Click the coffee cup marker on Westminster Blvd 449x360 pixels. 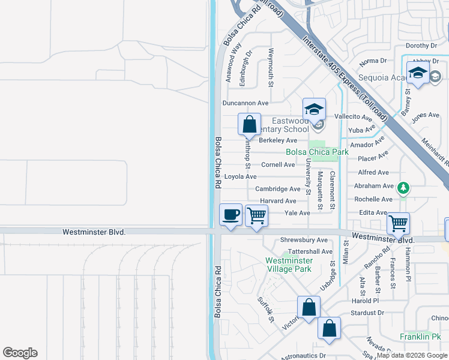pos(231,215)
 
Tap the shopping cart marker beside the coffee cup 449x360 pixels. pos(257,215)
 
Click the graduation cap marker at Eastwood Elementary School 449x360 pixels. pos(313,109)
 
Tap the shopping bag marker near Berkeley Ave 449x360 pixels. pos(250,124)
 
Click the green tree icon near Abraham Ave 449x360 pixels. pos(405,188)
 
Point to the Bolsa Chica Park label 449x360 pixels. pos(317,152)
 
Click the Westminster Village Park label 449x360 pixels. pos(289,265)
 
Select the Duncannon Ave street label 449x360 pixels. pos(246,103)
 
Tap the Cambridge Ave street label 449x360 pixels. pos(277,189)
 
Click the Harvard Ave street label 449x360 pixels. pos(278,201)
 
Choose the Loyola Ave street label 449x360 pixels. pos(240,177)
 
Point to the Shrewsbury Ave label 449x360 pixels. pos(304,240)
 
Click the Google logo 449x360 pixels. pos(20,353)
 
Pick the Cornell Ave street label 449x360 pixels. pos(278,164)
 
